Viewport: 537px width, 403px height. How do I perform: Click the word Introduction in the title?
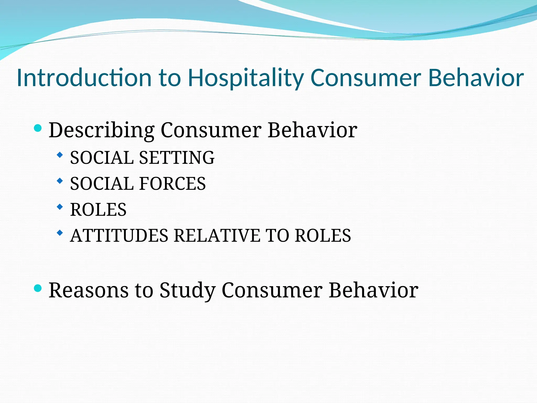click(84, 78)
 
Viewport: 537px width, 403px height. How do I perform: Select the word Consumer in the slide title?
click(366, 78)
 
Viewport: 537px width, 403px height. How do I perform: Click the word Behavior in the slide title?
click(476, 78)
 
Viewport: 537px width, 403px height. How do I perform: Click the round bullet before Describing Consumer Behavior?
click(38, 128)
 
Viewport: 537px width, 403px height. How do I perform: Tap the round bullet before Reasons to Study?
click(38, 288)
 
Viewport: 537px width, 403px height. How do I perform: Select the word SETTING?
click(177, 158)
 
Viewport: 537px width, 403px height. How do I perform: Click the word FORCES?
click(173, 184)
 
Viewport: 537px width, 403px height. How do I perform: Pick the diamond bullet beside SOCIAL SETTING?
click(60, 155)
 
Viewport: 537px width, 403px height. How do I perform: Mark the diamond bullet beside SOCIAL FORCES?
click(60, 181)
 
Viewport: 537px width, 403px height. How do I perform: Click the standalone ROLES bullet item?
click(98, 210)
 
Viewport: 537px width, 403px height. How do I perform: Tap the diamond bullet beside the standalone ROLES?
click(60, 207)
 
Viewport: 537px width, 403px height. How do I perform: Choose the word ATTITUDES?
click(119, 235)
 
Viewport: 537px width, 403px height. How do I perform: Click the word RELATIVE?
click(217, 235)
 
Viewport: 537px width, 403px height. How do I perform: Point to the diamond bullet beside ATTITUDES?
click(60, 232)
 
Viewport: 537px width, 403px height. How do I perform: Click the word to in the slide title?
click(170, 78)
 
